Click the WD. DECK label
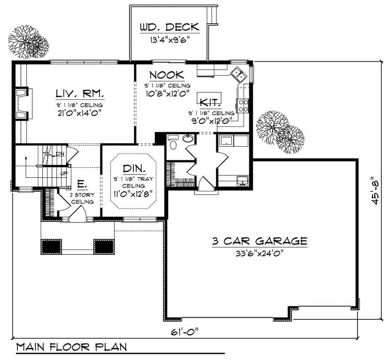(169, 27)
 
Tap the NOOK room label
(166, 75)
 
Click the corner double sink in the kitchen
(238, 74)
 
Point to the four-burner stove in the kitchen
(242, 106)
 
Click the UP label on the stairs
(62, 172)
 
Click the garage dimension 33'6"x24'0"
(259, 253)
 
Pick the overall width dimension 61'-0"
(185, 332)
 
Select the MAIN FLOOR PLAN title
(71, 347)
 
